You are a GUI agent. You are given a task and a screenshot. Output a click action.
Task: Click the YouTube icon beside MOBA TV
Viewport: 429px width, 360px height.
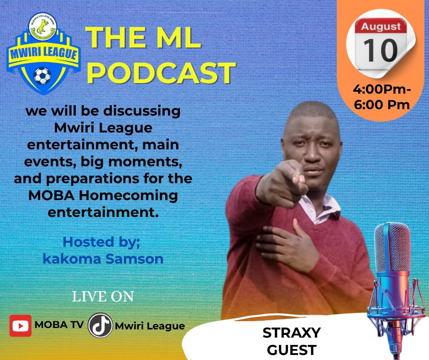click(x=21, y=326)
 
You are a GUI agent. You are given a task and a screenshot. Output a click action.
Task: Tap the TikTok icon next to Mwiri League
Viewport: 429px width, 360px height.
click(x=100, y=326)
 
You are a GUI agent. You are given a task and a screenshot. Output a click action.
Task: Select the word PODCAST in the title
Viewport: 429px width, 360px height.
click(x=161, y=73)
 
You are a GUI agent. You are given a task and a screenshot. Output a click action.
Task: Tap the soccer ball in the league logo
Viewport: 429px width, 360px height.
click(x=42, y=75)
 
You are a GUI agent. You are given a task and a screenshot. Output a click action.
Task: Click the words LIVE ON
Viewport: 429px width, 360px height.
click(x=103, y=297)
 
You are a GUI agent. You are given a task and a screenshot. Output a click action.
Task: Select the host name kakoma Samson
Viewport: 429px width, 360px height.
click(x=103, y=259)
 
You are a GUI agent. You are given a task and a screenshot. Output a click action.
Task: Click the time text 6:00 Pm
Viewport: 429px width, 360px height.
click(x=382, y=105)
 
